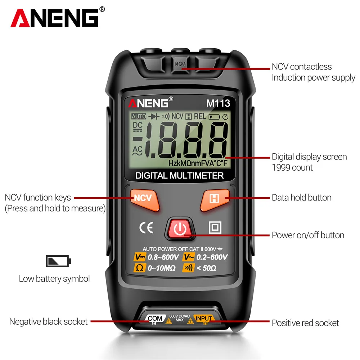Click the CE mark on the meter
[x=147, y=228]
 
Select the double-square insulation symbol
[x=215, y=227]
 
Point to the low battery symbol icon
[x=59, y=261]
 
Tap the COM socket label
[x=155, y=318]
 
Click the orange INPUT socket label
[x=203, y=318]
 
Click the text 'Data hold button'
[x=301, y=198]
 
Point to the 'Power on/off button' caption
[x=308, y=235]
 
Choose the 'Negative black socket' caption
[x=48, y=321]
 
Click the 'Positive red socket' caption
[x=305, y=323]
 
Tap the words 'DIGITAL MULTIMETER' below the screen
[x=180, y=176]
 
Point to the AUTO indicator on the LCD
[x=139, y=117]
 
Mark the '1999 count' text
[x=292, y=167]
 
